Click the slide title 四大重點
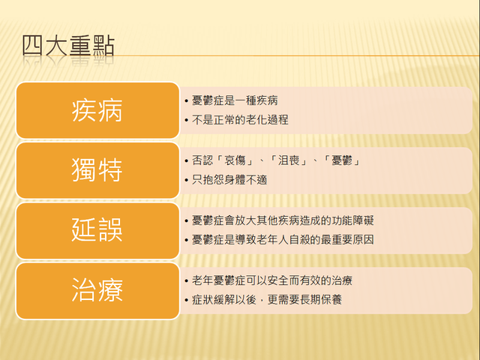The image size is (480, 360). coord(68,46)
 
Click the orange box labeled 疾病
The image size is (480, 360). coord(97,110)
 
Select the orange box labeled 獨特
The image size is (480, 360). coord(97,170)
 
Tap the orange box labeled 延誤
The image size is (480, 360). coord(97,230)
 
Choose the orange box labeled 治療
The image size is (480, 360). coord(97,291)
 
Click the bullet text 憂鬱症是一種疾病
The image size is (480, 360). coord(235,100)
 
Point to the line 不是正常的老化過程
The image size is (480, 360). coord(240,120)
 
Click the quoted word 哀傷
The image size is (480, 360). coord(235,160)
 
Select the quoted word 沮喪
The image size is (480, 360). coord(288,160)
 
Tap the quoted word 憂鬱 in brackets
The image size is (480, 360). coord(342,160)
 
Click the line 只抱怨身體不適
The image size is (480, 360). coord(229,180)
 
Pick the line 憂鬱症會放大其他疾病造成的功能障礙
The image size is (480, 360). coord(283,220)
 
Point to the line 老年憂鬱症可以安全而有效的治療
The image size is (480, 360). coord(272,280)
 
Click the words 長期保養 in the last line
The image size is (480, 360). coord(320,300)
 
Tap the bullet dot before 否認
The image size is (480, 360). coord(187,161)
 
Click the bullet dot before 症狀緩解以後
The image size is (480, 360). coord(187,301)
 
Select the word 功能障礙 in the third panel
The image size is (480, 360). coord(352,220)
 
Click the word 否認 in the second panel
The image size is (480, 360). coord(202,160)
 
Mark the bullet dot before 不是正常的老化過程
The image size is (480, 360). coord(187,121)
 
